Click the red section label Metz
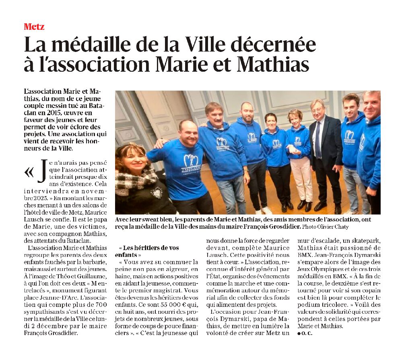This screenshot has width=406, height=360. pyautogui.click(x=34, y=27)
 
